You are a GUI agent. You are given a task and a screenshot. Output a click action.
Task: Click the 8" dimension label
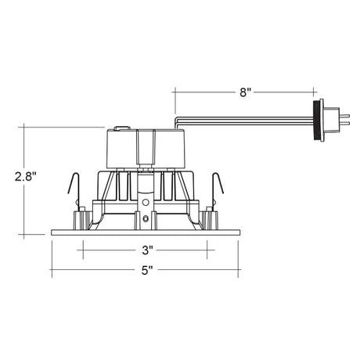(x=245, y=92)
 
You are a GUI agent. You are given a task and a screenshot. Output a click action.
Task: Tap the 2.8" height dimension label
(x=25, y=177)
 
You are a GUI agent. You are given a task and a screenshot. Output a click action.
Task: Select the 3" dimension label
(x=147, y=250)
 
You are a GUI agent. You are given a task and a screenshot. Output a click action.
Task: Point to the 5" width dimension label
(x=147, y=270)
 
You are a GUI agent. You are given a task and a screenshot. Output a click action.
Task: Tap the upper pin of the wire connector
(x=344, y=115)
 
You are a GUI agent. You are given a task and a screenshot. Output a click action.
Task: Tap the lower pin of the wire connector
(x=344, y=122)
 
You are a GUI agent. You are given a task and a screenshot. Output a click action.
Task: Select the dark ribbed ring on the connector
(x=316, y=121)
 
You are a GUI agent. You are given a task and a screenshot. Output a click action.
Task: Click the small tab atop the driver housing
(x=122, y=128)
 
